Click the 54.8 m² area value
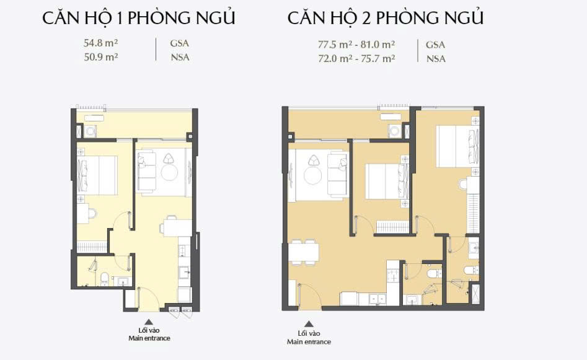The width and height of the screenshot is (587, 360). [100, 43]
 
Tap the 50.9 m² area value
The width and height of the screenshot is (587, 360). [100, 57]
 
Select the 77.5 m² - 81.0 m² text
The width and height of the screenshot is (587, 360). [356, 45]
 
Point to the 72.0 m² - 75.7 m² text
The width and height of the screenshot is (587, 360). [356, 59]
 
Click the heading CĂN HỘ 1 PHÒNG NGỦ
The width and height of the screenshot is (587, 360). [138, 17]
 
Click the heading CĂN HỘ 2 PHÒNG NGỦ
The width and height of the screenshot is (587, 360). [386, 17]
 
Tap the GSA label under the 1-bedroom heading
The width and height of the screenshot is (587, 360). [180, 43]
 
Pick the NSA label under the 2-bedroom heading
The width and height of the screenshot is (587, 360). [436, 59]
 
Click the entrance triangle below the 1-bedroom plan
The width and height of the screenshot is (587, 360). [149, 322]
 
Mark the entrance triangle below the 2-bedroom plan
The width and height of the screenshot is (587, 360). [309, 324]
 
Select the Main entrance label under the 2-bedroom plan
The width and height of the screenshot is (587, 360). [309, 341]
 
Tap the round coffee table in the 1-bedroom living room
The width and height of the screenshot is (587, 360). [169, 172]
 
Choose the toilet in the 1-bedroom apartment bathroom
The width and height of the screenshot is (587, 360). [105, 278]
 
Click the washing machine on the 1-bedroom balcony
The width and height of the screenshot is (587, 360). [90, 131]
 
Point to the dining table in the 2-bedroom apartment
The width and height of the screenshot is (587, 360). [304, 251]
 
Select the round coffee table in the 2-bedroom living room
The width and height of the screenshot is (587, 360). [312, 175]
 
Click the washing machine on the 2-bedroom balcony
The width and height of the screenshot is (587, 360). [395, 131]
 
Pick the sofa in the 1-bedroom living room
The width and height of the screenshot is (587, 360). [146, 170]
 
